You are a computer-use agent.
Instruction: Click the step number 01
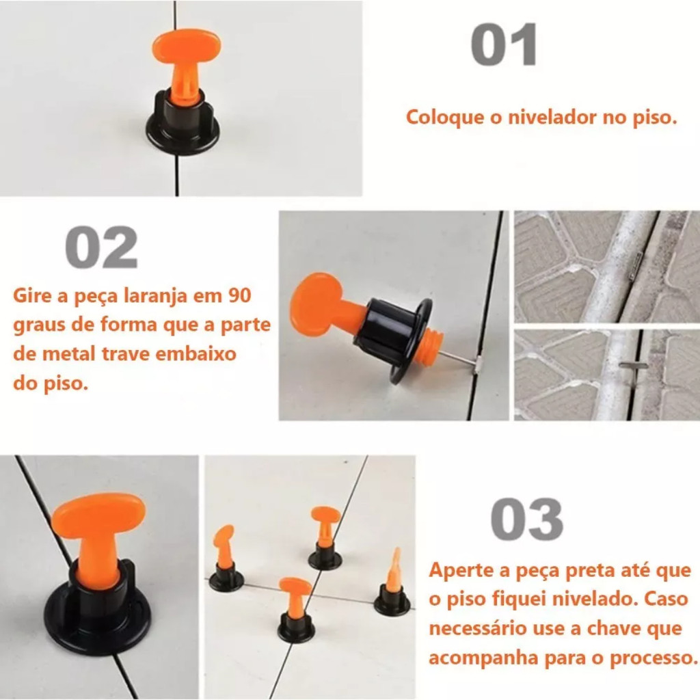(x=504, y=45)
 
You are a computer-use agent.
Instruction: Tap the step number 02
(x=101, y=247)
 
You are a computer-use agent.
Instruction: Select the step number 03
(x=527, y=520)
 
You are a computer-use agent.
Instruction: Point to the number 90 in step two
(x=240, y=295)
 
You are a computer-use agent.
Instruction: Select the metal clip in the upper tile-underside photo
(x=636, y=266)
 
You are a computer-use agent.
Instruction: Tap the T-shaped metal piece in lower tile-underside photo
(x=633, y=367)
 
